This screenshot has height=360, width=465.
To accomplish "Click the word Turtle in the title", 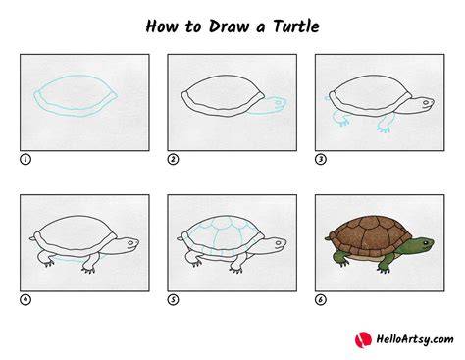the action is pyautogui.click(x=296, y=26).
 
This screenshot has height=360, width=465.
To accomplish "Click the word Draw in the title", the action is pyautogui.click(x=229, y=26).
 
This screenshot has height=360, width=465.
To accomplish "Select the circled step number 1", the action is pyautogui.click(x=26, y=159).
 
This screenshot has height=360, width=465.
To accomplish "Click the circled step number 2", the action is pyautogui.click(x=173, y=159).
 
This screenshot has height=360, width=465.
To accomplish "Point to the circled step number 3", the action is pyautogui.click(x=321, y=159).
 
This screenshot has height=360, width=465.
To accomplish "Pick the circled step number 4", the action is pyautogui.click(x=26, y=300).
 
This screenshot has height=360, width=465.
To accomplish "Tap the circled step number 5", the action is pyautogui.click(x=173, y=300).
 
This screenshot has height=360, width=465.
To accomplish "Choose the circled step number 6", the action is pyautogui.click(x=321, y=300).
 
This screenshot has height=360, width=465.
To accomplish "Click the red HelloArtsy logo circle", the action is pyautogui.click(x=363, y=339).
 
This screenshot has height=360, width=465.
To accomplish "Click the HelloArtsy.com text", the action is pyautogui.click(x=415, y=339).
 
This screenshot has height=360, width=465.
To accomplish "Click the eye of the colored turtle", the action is pyautogui.click(x=425, y=243).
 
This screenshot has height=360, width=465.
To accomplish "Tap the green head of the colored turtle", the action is pyautogui.click(x=421, y=245).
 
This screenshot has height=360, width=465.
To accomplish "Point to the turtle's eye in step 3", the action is pyautogui.click(x=426, y=102).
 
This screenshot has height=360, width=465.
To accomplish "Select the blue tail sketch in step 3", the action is pyautogui.click(x=327, y=98).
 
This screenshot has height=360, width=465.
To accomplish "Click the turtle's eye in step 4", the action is pyautogui.click(x=130, y=243).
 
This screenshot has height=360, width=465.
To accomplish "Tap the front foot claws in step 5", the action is pyautogui.click(x=236, y=271).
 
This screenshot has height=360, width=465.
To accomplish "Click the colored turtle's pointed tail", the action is pyautogui.click(x=328, y=238).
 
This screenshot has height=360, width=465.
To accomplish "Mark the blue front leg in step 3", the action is pyautogui.click(x=386, y=125).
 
